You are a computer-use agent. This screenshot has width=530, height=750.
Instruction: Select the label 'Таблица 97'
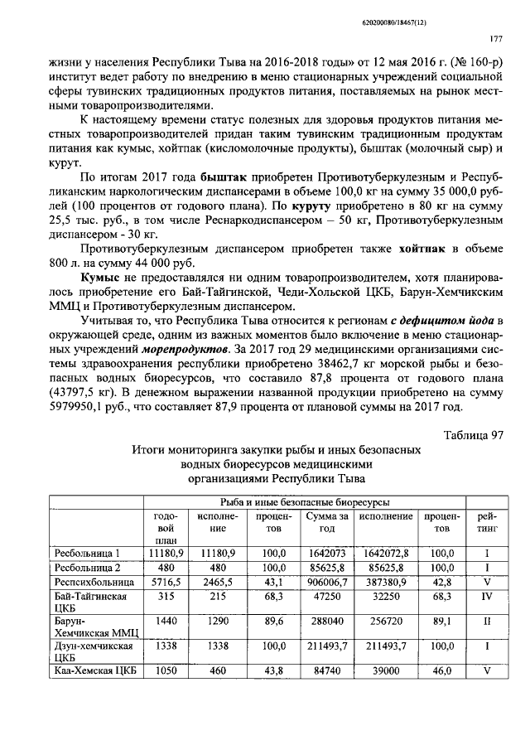(474, 435)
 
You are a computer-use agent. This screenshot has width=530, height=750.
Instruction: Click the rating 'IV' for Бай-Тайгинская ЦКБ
(488, 597)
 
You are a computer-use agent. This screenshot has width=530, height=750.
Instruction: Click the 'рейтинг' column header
(488, 523)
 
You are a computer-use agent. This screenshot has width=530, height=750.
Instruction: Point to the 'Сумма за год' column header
(326, 523)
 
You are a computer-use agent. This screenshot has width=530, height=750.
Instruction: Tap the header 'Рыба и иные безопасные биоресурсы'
(303, 502)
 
